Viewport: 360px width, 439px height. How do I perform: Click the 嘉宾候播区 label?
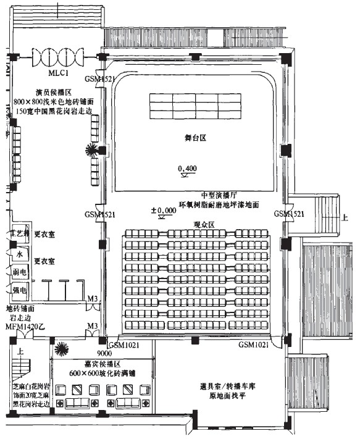click(x=102, y=365)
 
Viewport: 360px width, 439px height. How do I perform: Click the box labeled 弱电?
click(x=19, y=272)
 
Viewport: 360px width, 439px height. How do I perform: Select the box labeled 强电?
click(x=19, y=290)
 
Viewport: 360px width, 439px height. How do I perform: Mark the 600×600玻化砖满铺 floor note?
click(x=102, y=375)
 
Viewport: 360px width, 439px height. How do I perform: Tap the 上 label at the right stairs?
click(x=345, y=218)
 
